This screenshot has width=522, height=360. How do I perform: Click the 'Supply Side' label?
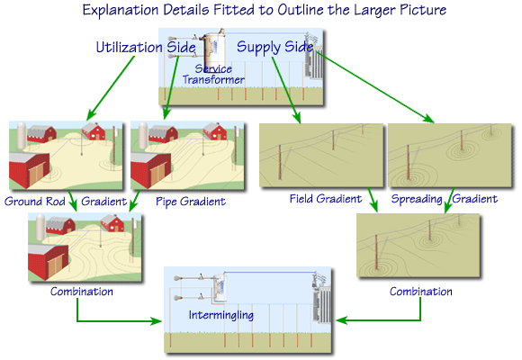274,46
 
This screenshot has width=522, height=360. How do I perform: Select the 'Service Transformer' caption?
214,74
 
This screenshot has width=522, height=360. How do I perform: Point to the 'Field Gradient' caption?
325,198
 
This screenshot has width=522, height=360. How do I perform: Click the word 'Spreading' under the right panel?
418,198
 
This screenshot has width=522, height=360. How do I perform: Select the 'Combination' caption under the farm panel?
81,292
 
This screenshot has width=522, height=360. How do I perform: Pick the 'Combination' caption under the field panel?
420,292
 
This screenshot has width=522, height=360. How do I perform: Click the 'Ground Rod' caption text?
34,202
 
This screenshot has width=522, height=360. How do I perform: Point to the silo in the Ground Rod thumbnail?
19,134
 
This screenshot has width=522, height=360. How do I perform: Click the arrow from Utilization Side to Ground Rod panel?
109,95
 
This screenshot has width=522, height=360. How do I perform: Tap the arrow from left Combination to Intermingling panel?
117,319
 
